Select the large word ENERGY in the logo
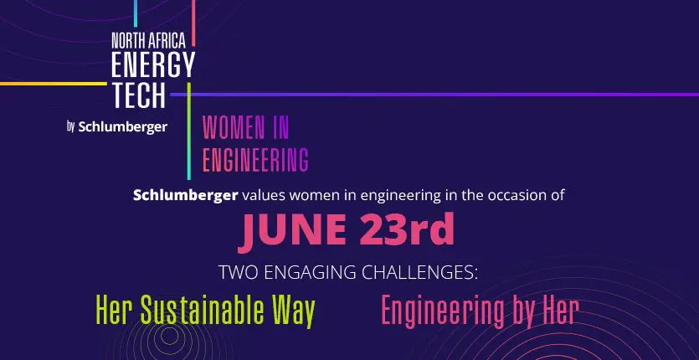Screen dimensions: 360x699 tap(152, 64)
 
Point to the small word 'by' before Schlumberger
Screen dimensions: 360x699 tap(71, 126)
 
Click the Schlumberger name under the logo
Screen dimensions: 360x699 tap(124, 126)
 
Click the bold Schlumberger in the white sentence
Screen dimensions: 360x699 tap(185, 196)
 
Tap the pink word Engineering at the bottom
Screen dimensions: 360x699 tap(441, 311)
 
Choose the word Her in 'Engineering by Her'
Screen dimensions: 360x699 tap(558, 311)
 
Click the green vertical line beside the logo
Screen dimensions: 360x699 tap(189, 130)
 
